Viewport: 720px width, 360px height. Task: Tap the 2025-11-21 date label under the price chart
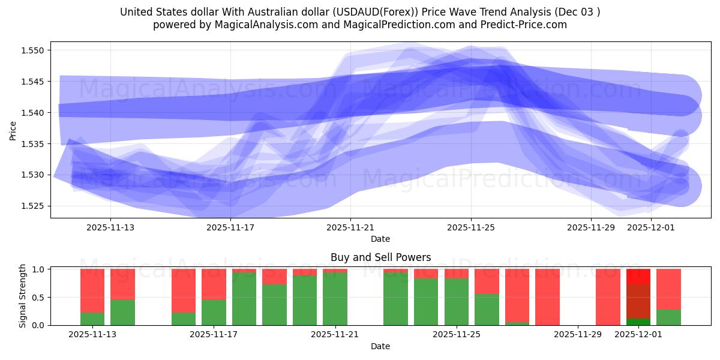click(x=350, y=227)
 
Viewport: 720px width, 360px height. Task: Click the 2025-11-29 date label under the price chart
click(x=591, y=227)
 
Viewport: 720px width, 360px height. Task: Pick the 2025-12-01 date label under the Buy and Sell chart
click(x=637, y=334)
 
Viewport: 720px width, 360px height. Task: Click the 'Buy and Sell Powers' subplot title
click(x=380, y=257)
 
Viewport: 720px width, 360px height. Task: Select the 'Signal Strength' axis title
click(x=22, y=296)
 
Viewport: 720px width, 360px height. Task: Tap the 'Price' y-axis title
click(x=13, y=130)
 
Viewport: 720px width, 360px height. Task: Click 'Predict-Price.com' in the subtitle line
click(x=529, y=25)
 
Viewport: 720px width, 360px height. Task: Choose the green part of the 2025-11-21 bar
click(x=335, y=300)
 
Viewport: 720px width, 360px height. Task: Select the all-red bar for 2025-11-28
click(x=547, y=297)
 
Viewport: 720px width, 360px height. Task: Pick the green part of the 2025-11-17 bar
click(x=214, y=312)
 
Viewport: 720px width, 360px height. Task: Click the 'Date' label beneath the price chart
click(x=380, y=239)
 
